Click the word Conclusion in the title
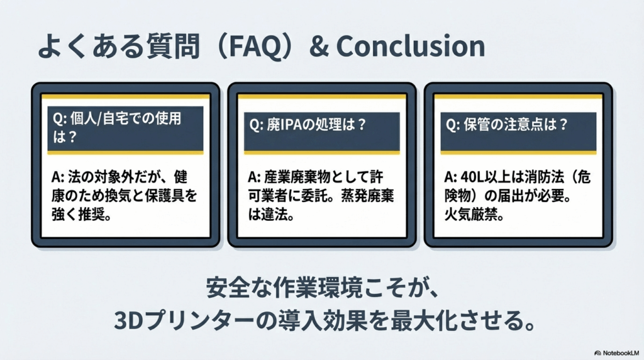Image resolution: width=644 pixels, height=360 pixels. click(x=410, y=45)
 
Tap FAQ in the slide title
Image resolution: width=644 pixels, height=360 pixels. click(x=254, y=47)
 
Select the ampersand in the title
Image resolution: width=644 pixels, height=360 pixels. click(x=319, y=46)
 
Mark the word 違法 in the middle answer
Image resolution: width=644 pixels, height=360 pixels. click(x=274, y=215)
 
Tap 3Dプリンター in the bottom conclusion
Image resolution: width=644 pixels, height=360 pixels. click(x=184, y=321)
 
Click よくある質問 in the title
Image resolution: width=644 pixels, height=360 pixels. click(x=119, y=46)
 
